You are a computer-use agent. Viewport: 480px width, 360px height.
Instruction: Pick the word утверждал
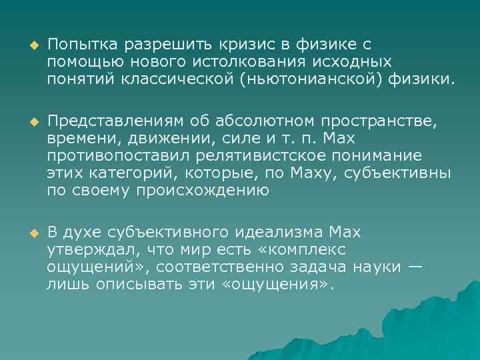pyautogui.click(x=85, y=250)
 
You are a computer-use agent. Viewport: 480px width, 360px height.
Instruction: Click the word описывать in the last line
pyautogui.click(x=137, y=285)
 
